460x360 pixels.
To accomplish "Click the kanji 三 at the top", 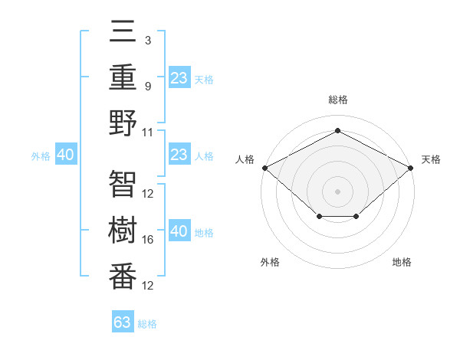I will [123, 32].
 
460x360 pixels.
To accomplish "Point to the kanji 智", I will [123, 184].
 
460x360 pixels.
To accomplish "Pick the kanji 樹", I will [123, 231].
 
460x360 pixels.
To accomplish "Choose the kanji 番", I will [123, 277].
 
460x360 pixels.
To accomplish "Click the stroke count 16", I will [148, 240].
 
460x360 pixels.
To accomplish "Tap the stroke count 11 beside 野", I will [148, 132].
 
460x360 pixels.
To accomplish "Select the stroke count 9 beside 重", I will [148, 86].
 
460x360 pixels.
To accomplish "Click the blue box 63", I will [123, 322].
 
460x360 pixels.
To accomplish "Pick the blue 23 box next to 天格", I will [179, 77].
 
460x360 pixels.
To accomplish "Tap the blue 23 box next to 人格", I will [179, 155].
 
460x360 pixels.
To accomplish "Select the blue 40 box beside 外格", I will [65, 155].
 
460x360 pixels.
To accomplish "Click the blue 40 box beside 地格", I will [179, 231].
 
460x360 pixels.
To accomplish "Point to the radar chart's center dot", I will [337, 191].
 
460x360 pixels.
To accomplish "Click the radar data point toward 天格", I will [412, 167].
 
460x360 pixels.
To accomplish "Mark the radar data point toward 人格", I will [264, 167].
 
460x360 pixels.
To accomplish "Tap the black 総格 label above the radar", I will [337, 100].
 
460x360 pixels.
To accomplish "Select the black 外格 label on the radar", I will [270, 262].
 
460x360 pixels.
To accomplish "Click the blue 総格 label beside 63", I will [147, 324].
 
